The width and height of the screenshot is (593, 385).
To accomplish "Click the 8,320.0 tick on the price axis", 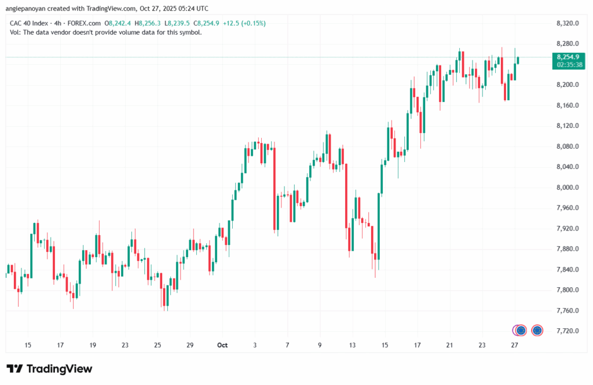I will click(x=568, y=23).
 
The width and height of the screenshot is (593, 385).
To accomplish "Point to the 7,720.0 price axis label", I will click(x=568, y=331).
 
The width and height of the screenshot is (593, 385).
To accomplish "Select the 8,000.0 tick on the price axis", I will click(x=568, y=188).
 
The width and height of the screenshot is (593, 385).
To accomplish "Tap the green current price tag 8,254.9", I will click(x=568, y=57).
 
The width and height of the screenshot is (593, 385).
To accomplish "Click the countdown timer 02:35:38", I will click(x=568, y=65).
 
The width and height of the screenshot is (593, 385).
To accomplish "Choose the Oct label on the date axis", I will click(x=222, y=345).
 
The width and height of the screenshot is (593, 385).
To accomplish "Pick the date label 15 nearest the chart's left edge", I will click(x=28, y=345).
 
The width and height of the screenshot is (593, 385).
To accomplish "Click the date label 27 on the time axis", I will click(x=513, y=345).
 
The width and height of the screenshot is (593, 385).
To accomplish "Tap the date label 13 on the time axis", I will click(x=352, y=345).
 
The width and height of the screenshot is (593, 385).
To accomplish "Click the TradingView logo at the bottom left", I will click(x=49, y=369).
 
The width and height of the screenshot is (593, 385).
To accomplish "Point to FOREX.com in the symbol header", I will click(x=84, y=23).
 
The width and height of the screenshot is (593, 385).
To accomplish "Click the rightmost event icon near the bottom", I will click(x=537, y=330).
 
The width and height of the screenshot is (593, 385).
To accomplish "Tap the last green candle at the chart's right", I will click(x=518, y=60).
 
